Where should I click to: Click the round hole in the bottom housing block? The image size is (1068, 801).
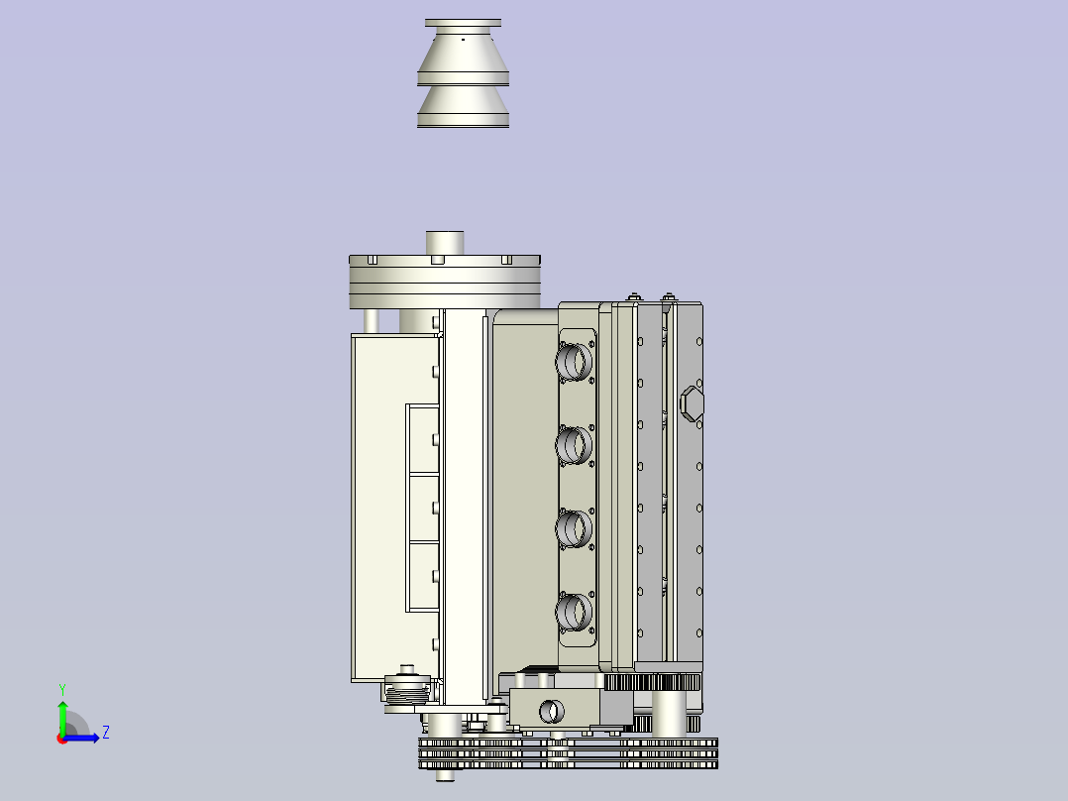click(x=549, y=710)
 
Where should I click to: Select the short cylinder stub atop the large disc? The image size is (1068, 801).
click(x=445, y=242)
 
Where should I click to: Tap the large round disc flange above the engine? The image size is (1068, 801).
click(x=444, y=282)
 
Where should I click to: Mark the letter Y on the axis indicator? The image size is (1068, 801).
click(x=61, y=688)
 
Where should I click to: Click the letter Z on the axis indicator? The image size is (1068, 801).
click(x=105, y=733)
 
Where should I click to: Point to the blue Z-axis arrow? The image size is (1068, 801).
click(x=85, y=738)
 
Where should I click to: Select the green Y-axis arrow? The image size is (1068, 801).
click(x=61, y=716)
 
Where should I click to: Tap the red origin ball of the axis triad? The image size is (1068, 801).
click(x=61, y=739)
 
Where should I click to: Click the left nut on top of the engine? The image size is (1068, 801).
click(x=633, y=295)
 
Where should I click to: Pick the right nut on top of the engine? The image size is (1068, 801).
click(x=669, y=295)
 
